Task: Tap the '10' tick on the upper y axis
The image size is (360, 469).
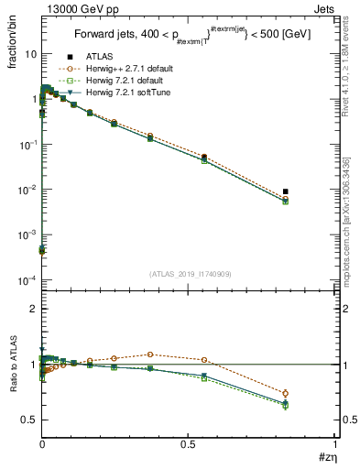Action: tap(30, 54)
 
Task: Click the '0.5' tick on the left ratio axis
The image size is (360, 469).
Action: tap(28, 420)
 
